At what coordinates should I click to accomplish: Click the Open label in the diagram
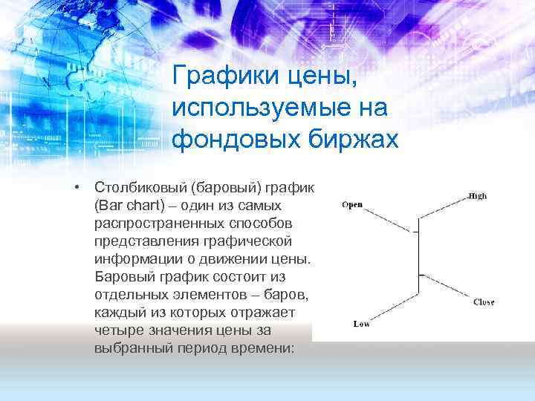coord(352,205)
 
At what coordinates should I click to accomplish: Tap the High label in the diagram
coord(477,196)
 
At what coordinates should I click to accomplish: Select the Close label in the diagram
coord(483,302)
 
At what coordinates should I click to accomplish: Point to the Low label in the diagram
coord(362,324)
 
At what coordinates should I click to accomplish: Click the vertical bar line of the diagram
coord(420,260)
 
